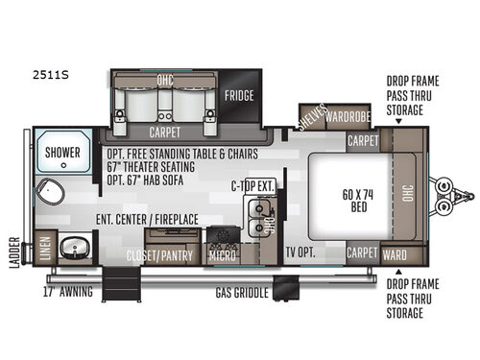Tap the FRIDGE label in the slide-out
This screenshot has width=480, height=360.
pos(240,96)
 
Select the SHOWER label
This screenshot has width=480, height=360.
pos(63,151)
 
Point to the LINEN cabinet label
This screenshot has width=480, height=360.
pos(42,249)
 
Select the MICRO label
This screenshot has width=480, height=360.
pos(221,254)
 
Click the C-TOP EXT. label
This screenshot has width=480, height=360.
pos(252,187)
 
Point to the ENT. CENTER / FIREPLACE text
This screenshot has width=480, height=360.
pos(147,219)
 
